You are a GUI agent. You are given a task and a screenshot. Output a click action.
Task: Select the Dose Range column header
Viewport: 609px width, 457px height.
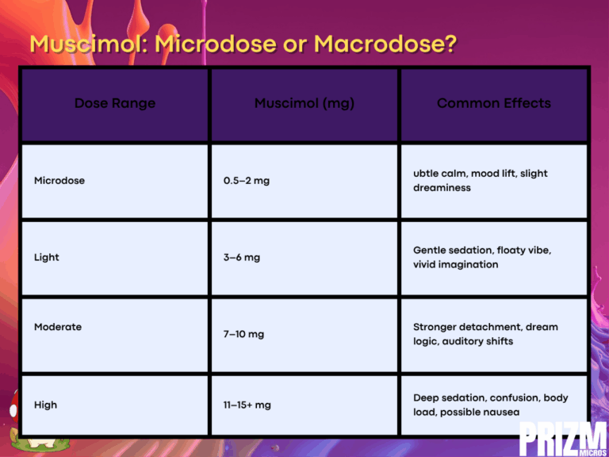point(115,103)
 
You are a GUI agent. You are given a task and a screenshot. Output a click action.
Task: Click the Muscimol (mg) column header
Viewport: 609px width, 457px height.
point(304,104)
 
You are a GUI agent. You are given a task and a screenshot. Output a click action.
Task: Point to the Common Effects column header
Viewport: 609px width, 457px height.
point(494,103)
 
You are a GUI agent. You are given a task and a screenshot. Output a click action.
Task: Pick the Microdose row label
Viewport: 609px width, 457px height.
point(59,181)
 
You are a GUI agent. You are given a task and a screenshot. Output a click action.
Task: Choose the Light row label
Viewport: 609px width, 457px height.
point(47,258)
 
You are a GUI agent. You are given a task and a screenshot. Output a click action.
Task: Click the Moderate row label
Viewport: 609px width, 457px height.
point(58,327)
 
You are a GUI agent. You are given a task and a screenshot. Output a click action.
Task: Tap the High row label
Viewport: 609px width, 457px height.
point(45,405)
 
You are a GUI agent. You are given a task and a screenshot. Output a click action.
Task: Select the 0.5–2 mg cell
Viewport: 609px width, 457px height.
point(247,181)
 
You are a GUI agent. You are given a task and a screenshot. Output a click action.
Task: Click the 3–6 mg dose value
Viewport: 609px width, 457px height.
point(242,258)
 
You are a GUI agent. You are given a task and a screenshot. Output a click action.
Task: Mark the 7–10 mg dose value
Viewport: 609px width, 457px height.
point(244,334)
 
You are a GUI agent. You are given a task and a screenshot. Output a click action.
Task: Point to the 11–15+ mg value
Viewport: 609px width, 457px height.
point(247,405)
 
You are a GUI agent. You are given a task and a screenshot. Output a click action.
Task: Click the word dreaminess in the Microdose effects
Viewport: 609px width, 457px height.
point(442,188)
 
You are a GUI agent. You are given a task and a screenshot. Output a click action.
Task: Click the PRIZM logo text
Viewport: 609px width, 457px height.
point(564,438)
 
